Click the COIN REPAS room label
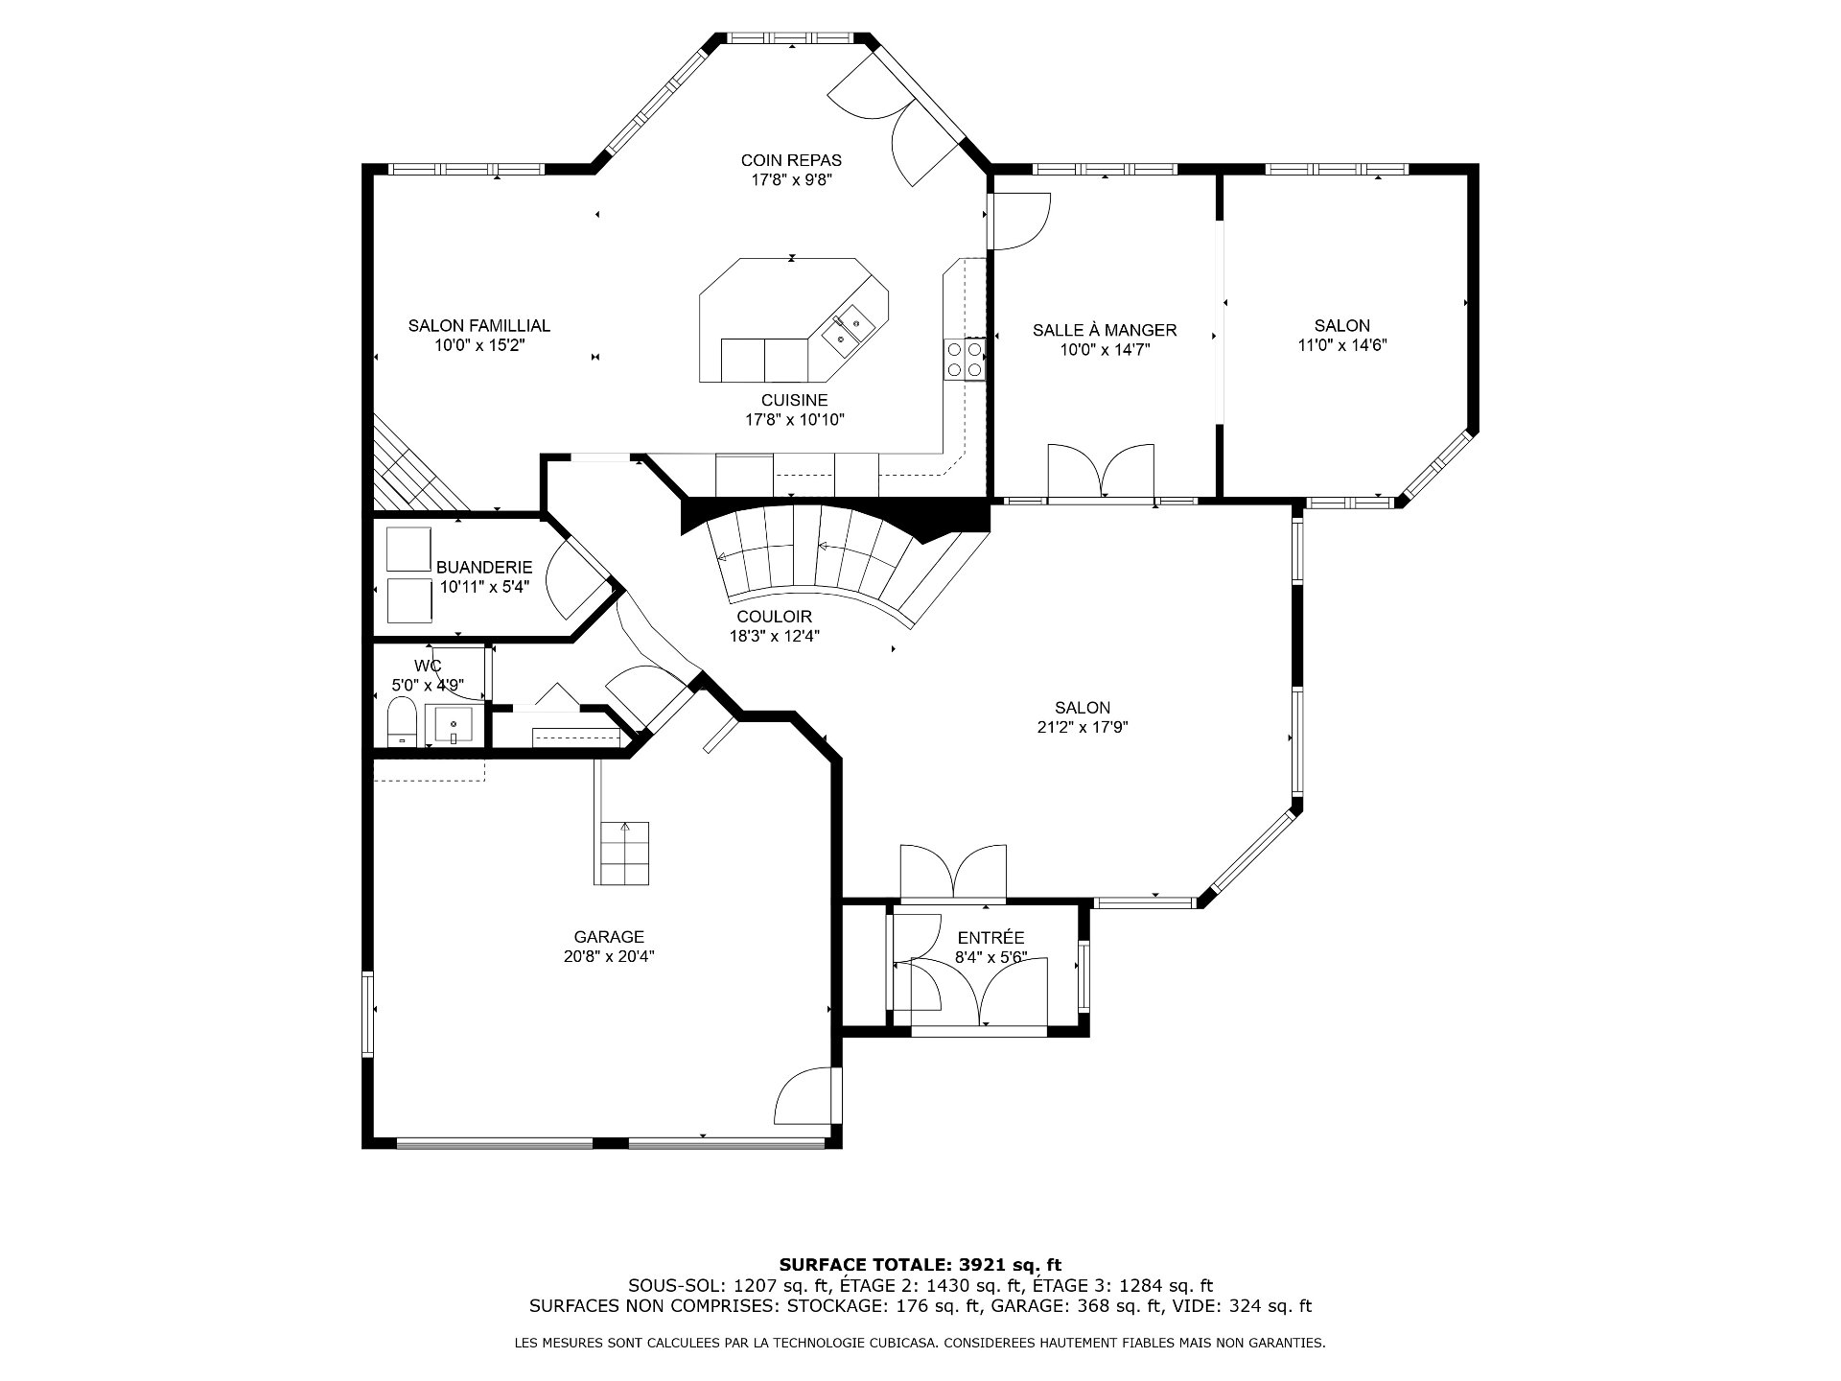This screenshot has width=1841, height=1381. pos(791,160)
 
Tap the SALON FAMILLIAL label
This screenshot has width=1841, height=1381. pos(479,326)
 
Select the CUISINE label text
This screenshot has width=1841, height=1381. pos(795,400)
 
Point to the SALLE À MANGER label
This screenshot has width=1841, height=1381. pos(1105,330)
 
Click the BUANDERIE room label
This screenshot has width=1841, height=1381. pos(484,568)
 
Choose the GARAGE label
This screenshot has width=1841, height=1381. pos(609,937)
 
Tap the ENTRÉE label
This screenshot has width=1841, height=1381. pos(991,937)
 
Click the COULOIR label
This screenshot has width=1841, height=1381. pos(775,617)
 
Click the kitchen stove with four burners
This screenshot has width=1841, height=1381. pos(965,360)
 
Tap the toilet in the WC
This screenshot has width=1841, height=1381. pos(402,721)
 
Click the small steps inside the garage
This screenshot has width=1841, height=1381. pos(623,854)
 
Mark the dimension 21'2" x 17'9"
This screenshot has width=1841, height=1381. pos(1083,727)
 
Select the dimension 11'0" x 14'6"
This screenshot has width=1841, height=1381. pos(1342,345)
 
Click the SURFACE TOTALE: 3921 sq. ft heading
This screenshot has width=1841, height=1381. pos(920,1265)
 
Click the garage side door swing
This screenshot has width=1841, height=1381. pos(804,1095)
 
